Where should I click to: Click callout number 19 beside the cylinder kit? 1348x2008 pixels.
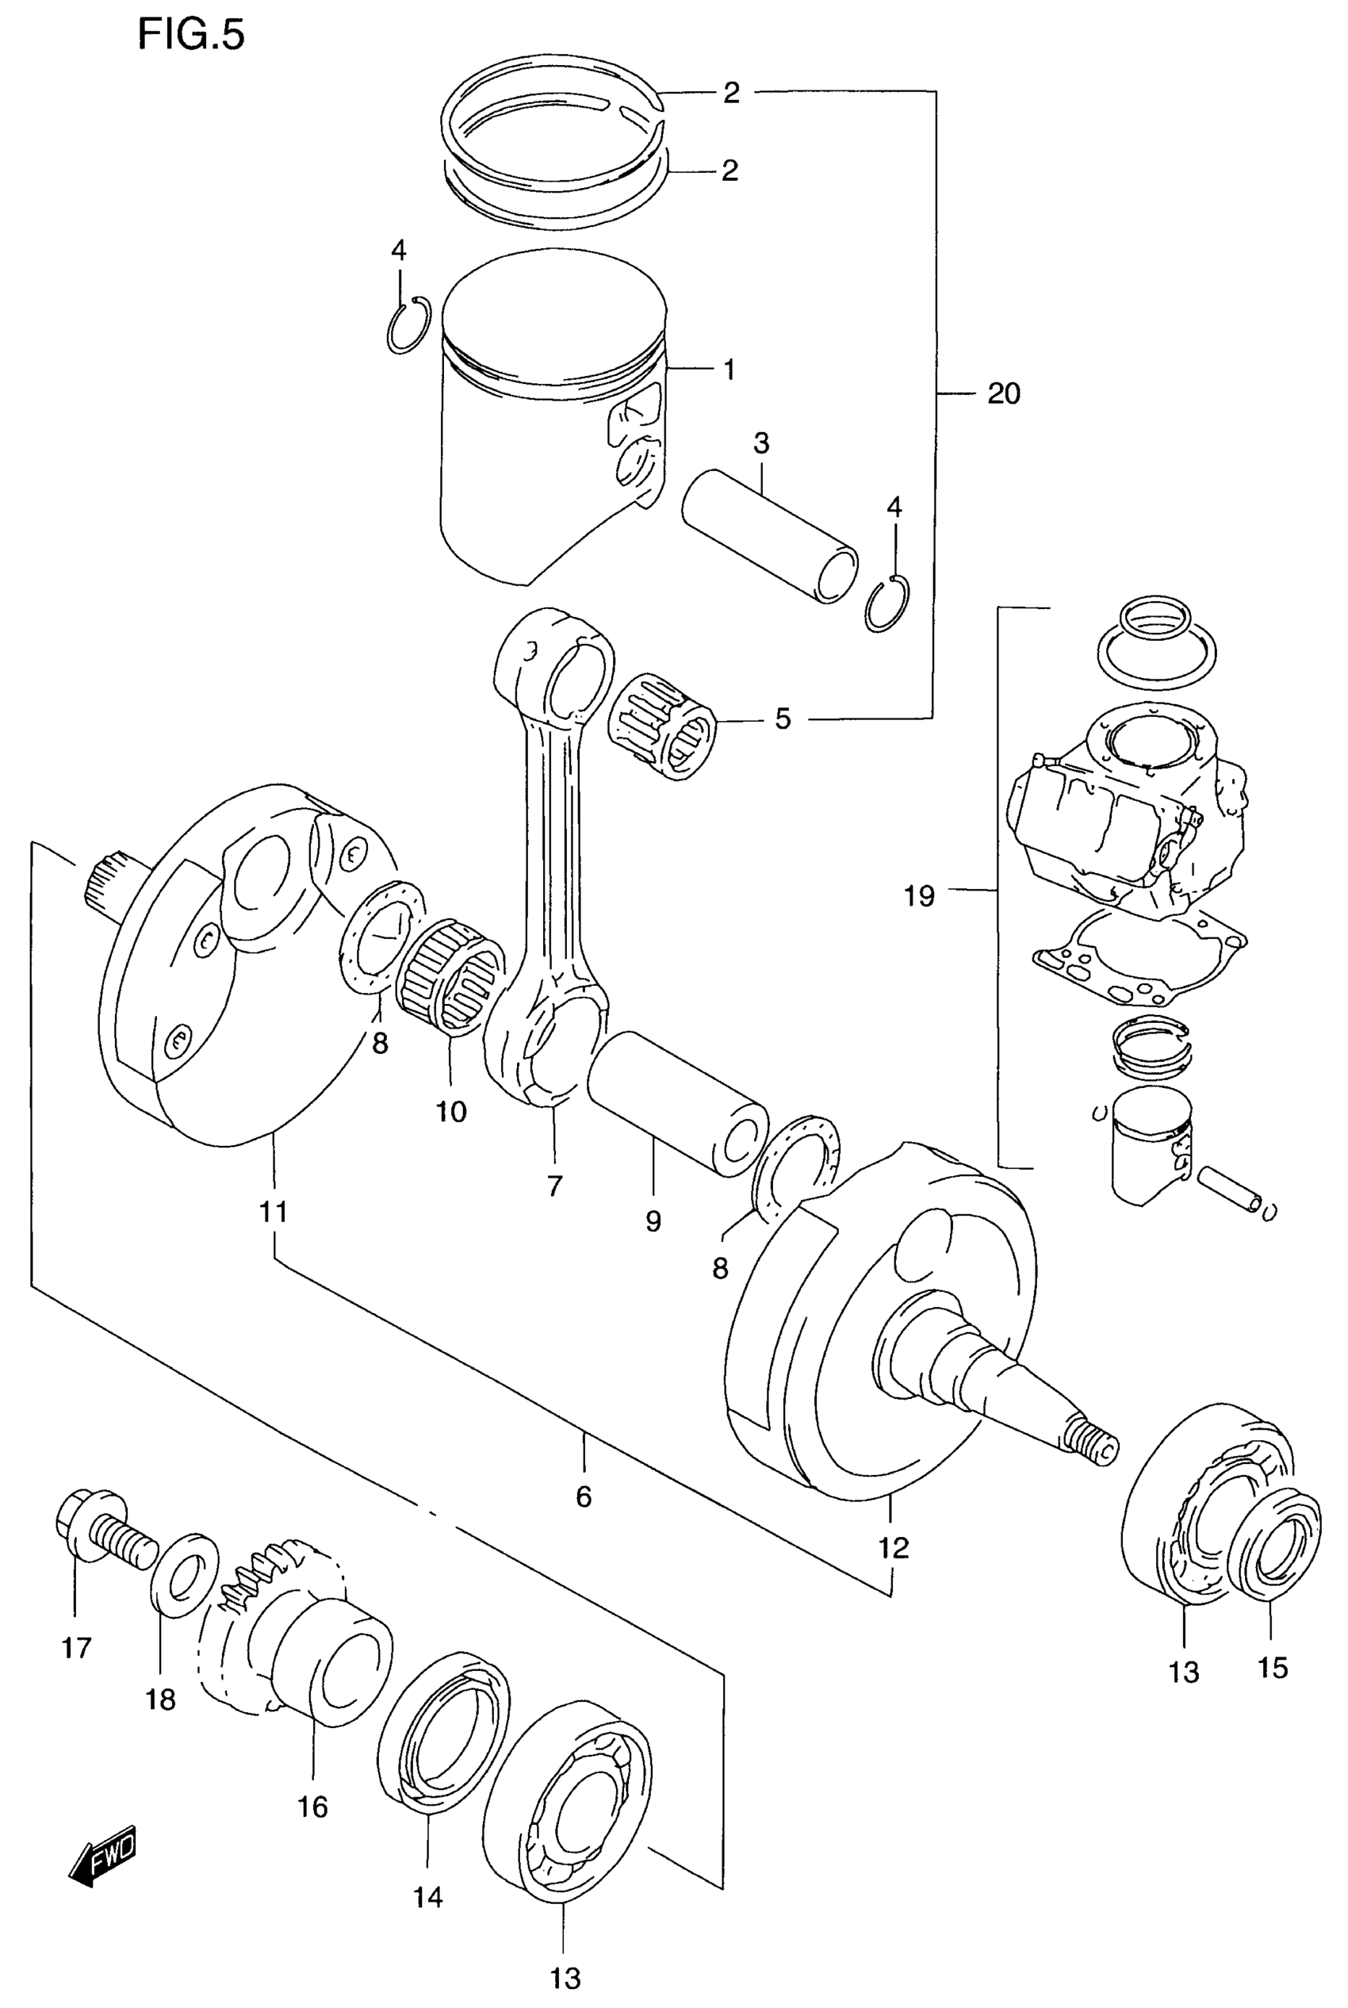coord(919,897)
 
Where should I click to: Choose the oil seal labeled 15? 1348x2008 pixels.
coord(1279,1545)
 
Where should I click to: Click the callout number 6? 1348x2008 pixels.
coord(584,1496)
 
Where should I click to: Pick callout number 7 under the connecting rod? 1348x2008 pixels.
coord(554,1186)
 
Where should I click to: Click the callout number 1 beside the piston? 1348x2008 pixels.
coord(729,370)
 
